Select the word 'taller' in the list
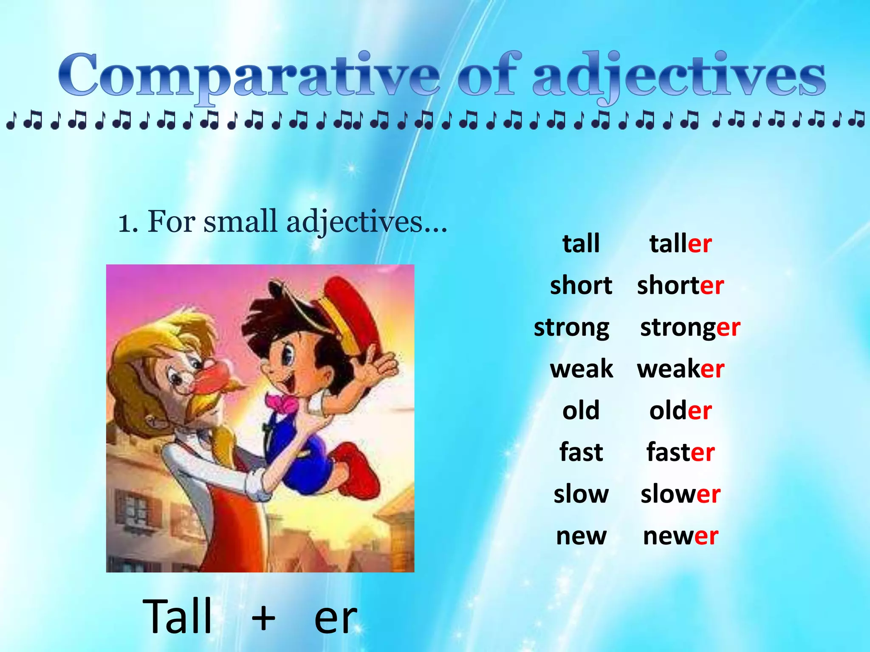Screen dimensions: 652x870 pos(680,244)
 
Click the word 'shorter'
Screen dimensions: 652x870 pos(680,285)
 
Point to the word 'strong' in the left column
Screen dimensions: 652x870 pos(571,328)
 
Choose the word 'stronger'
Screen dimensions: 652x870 pos(690,328)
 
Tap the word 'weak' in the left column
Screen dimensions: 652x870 pos(581,369)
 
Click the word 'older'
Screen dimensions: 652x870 pos(680,410)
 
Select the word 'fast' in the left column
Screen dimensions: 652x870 pos(581,452)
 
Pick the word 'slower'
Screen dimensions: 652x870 pos(680,494)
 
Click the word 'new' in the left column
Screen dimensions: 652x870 pos(581,536)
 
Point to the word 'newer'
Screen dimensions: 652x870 pos(680,536)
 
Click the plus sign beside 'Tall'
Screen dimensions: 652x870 pos(263,618)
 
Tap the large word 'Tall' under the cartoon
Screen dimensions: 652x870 pos(177,616)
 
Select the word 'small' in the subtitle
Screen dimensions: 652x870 pos(240,221)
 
